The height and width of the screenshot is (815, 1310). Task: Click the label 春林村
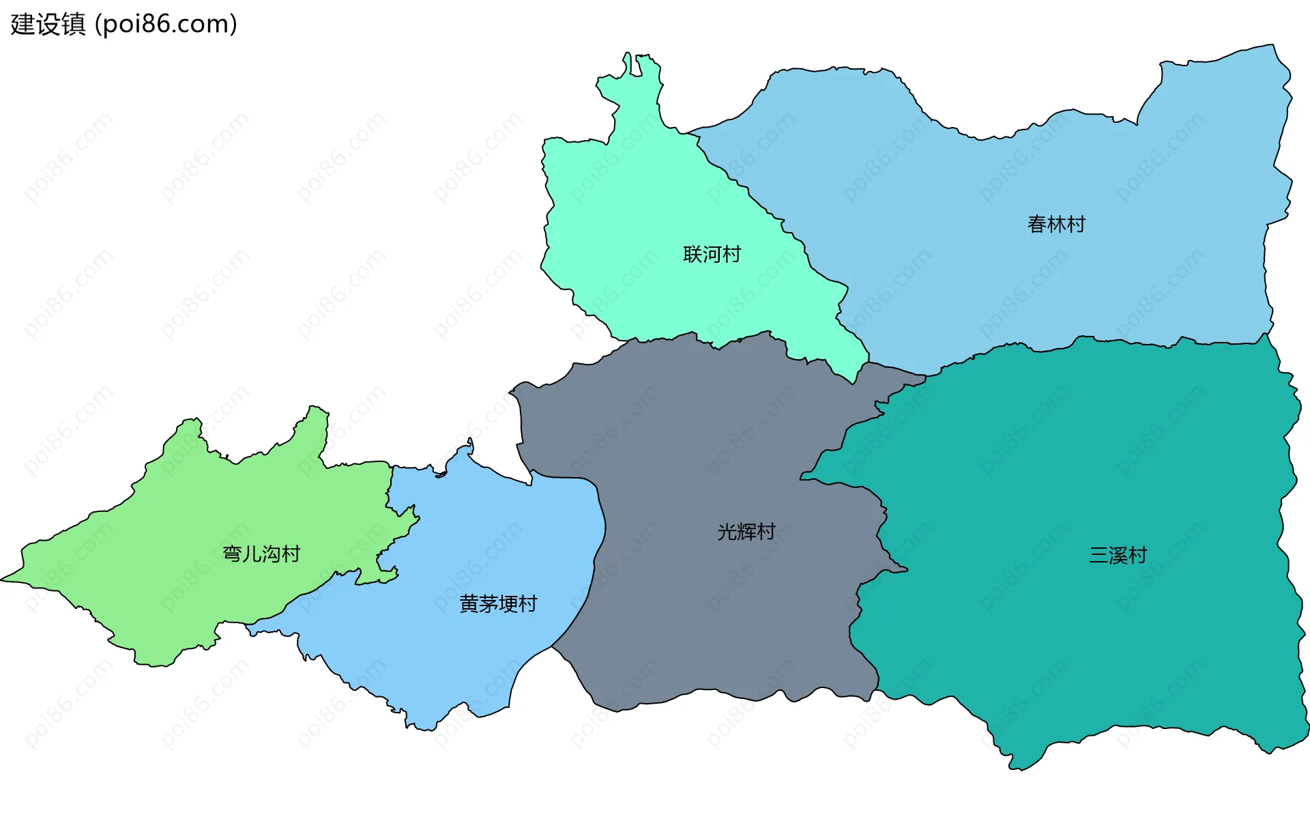pos(1056,224)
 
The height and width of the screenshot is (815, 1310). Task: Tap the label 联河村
pos(712,254)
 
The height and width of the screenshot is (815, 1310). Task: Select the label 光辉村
pos(746,532)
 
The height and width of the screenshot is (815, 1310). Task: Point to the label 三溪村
pos(1118,555)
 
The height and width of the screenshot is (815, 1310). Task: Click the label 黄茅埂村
pos(498,603)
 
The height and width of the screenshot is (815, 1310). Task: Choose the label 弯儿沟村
pos(261,554)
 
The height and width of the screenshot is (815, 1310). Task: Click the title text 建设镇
pos(48,24)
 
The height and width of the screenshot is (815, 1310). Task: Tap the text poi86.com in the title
pos(166,24)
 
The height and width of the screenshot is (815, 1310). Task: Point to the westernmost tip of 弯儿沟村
pos(4,579)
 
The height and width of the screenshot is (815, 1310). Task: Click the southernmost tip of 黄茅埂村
pos(426,729)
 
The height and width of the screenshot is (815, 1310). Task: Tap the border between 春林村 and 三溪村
pos(1092,340)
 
